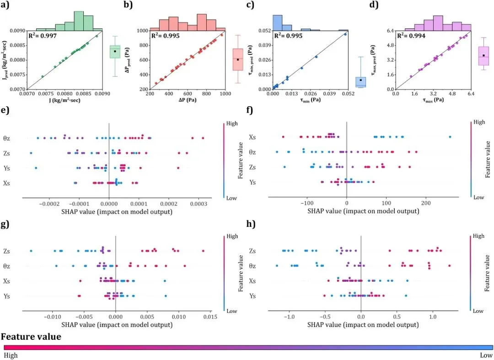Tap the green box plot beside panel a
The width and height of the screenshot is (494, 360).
(x=115, y=52)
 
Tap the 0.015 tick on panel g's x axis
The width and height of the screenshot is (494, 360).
(x=209, y=317)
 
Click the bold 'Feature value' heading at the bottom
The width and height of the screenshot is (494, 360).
(x=31, y=337)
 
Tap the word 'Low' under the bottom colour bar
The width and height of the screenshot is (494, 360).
(x=486, y=355)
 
